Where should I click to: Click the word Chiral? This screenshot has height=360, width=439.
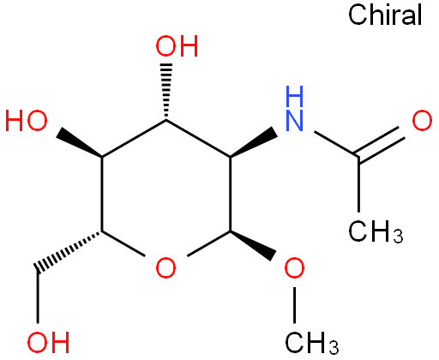[x=385, y=15]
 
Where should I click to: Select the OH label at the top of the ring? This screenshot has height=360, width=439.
[x=177, y=46]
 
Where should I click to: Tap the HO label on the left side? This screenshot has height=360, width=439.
[x=27, y=121]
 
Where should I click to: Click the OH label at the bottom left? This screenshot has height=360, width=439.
[x=48, y=342]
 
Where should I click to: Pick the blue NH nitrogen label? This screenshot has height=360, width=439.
[x=294, y=109]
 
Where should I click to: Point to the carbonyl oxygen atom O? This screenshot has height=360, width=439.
[x=422, y=121]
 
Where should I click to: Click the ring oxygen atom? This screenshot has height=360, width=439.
[x=165, y=268]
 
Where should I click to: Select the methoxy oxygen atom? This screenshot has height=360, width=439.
[x=294, y=268]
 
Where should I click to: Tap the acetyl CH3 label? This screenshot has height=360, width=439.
[x=376, y=231]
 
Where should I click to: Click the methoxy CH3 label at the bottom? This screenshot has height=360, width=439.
[x=312, y=343]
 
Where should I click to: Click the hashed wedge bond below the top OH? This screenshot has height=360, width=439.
[x=166, y=92]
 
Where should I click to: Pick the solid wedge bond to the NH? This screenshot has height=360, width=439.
[x=254, y=142]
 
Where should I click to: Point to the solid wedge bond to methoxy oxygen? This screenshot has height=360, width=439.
[x=253, y=246]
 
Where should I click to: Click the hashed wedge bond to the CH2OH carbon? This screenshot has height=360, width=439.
[x=68, y=251]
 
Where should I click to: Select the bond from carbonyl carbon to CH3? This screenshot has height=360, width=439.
[x=358, y=184]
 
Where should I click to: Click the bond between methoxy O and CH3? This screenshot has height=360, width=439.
[x=294, y=305]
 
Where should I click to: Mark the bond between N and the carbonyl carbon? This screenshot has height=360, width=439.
[x=336, y=144]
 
